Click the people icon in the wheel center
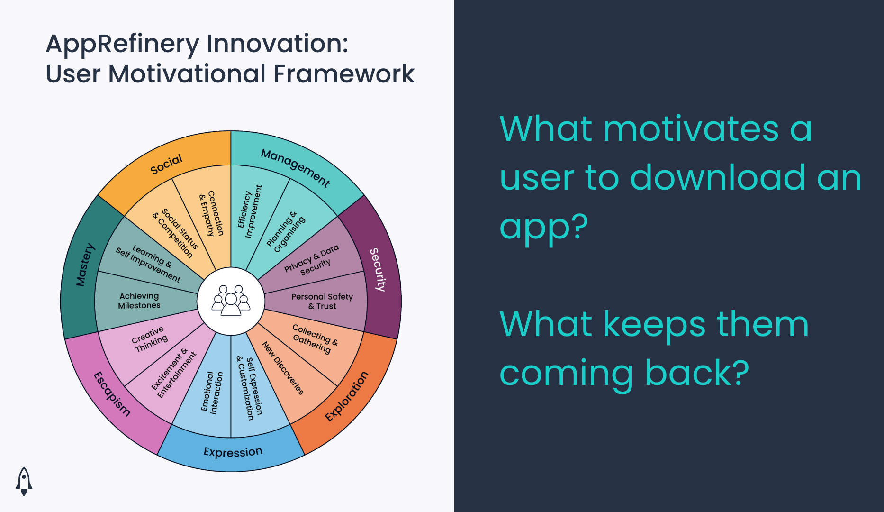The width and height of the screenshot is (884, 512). [231, 301]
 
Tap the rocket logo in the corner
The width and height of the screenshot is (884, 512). [24, 481]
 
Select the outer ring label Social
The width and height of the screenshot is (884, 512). [166, 164]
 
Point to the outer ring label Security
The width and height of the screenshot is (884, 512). [378, 269]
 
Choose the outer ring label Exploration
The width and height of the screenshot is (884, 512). [347, 396]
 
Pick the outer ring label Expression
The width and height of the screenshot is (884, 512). [233, 452]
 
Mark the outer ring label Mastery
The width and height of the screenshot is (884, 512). [85, 265]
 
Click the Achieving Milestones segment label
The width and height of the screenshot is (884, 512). [139, 301]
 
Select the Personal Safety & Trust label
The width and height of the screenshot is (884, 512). [322, 301]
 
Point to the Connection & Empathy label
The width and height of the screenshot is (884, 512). [211, 213]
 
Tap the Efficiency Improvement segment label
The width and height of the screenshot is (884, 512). [249, 211]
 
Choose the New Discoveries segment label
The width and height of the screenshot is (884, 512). [283, 368]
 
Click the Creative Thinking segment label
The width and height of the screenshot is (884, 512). [150, 339]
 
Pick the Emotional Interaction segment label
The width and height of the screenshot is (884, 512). [211, 392]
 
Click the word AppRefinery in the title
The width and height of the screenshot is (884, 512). [123, 44]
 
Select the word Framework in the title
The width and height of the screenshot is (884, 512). [343, 74]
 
